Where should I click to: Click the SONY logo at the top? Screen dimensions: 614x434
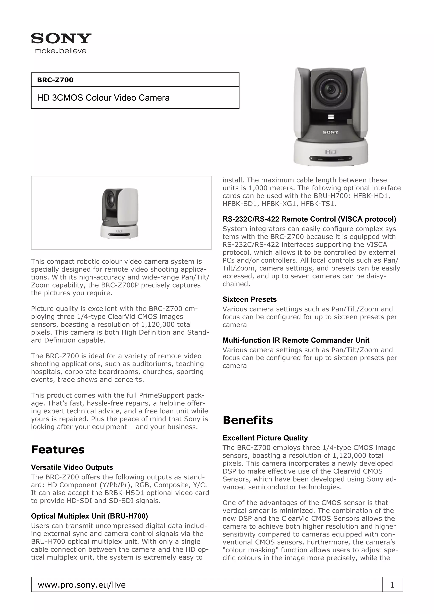(x=61, y=39)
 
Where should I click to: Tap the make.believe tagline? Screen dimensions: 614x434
(x=60, y=51)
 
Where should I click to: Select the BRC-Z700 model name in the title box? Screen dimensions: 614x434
(x=55, y=80)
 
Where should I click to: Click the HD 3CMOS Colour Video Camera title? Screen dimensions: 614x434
(x=103, y=98)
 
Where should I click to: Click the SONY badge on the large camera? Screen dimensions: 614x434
(x=331, y=132)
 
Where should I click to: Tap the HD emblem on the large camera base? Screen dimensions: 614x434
(x=331, y=152)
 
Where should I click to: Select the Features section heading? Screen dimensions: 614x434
(x=58, y=450)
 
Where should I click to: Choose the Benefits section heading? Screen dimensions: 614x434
(x=248, y=420)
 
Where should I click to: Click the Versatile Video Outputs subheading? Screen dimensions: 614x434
(x=72, y=467)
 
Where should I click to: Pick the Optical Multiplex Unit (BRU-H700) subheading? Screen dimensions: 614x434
(x=89, y=516)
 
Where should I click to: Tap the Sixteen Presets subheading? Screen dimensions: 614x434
(x=249, y=299)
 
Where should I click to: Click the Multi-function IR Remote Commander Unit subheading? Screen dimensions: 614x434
(x=296, y=340)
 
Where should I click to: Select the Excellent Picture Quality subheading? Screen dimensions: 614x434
(x=265, y=438)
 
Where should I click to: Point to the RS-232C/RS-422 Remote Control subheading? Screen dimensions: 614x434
(x=309, y=219)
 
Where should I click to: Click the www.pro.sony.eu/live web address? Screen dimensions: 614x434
(x=82, y=585)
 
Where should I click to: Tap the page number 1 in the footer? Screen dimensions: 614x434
(x=392, y=585)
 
